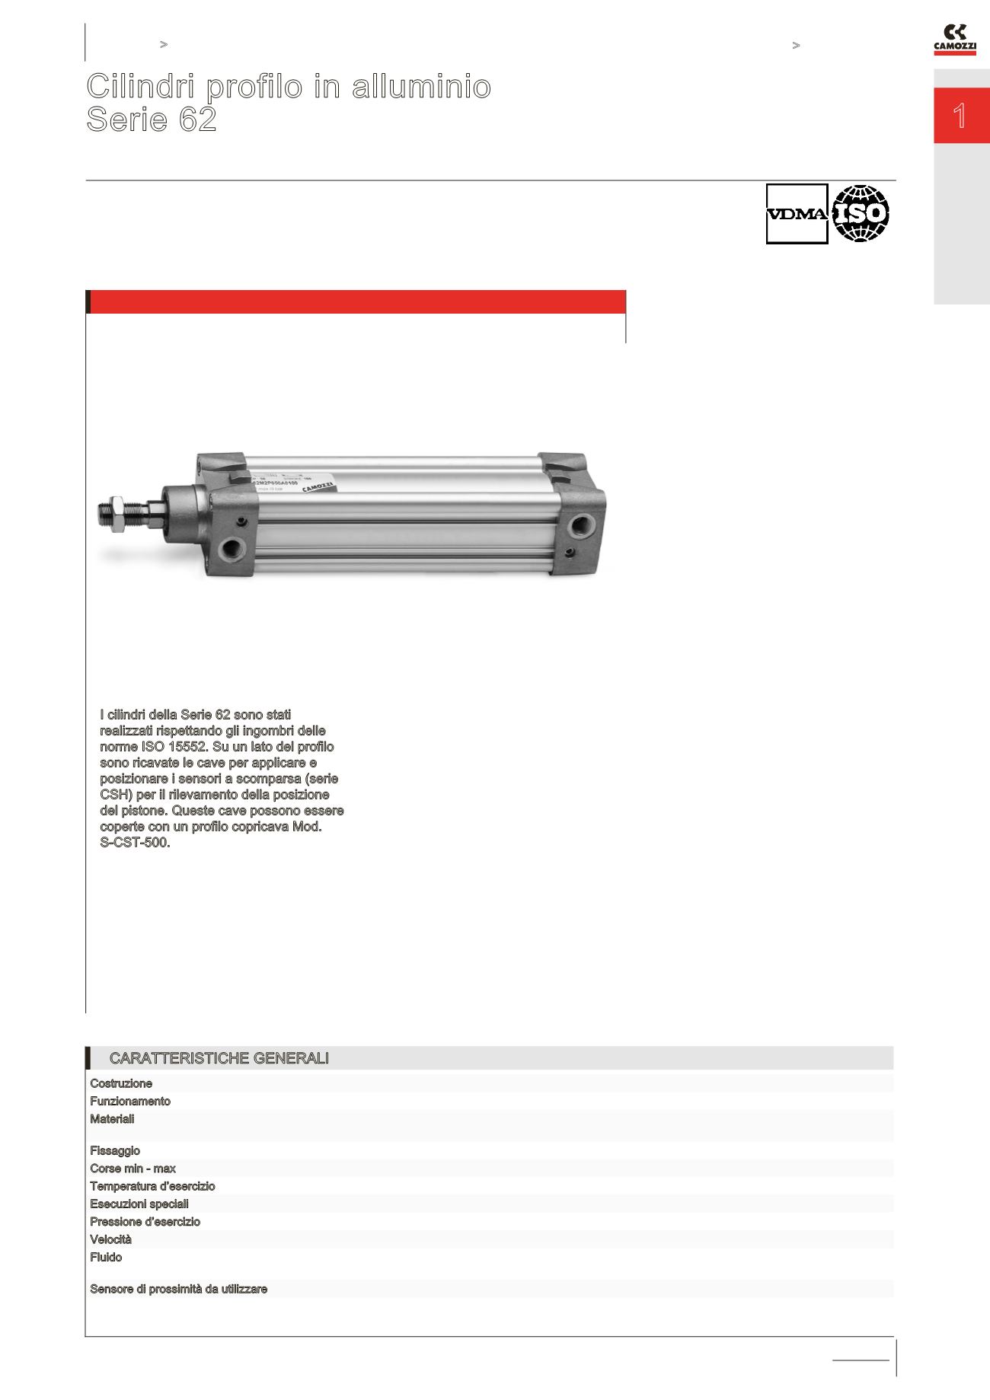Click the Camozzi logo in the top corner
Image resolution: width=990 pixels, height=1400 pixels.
pyautogui.click(x=954, y=40)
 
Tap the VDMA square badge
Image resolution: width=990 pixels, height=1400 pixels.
pyautogui.click(x=797, y=214)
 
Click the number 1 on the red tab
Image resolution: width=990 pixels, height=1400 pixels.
pyautogui.click(x=960, y=116)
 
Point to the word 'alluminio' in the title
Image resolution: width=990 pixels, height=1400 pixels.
pyautogui.click(x=421, y=86)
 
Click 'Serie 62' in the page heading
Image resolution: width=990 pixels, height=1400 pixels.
pyautogui.click(x=152, y=120)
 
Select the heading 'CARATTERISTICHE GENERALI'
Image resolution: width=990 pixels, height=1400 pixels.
pyautogui.click(x=219, y=1058)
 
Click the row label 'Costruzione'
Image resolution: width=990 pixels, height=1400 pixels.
pyautogui.click(x=121, y=1083)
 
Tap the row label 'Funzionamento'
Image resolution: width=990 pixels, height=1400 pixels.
pyautogui.click(x=130, y=1101)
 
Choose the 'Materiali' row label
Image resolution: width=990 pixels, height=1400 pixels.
pyautogui.click(x=112, y=1119)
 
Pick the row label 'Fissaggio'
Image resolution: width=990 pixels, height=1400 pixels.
pyautogui.click(x=115, y=1150)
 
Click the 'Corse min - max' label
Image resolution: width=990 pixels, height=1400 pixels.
pyautogui.click(x=133, y=1169)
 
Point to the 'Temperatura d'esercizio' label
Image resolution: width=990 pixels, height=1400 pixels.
pyautogui.click(x=152, y=1186)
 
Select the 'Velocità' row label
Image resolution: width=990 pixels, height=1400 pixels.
pyautogui.click(x=110, y=1239)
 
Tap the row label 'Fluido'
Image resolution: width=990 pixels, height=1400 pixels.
pyautogui.click(x=106, y=1257)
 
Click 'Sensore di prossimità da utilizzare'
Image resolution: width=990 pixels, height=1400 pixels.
pyautogui.click(x=179, y=1289)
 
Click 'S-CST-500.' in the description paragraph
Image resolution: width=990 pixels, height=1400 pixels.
pyautogui.click(x=135, y=843)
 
